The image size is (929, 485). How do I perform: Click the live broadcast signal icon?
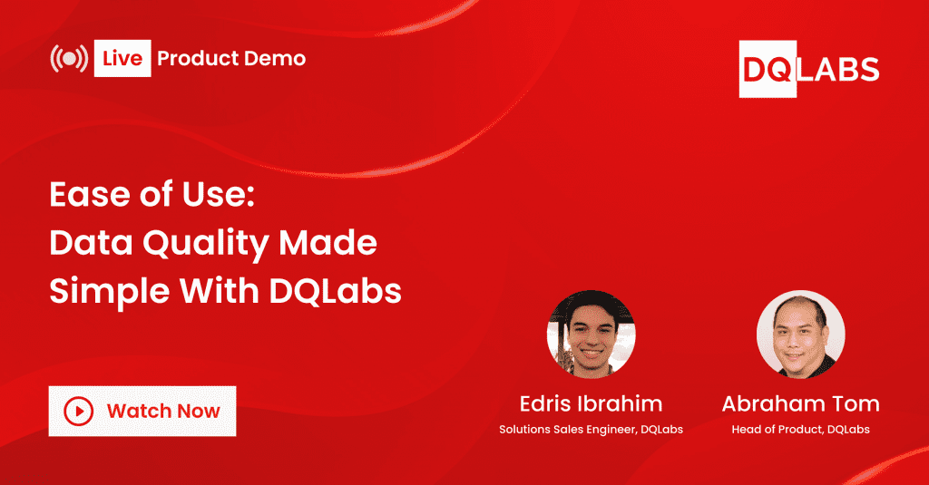pyautogui.click(x=69, y=59)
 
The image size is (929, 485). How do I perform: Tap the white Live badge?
pyautogui.click(x=122, y=59)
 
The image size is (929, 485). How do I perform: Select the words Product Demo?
pyautogui.click(x=231, y=59)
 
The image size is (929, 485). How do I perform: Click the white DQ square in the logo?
pyautogui.click(x=768, y=69)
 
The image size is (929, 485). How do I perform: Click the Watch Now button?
pyautogui.click(x=142, y=411)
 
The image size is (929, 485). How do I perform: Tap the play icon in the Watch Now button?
pyautogui.click(x=79, y=411)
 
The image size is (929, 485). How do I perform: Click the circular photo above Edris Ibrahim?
pyautogui.click(x=591, y=334)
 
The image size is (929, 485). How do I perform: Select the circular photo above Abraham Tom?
pyautogui.click(x=800, y=334)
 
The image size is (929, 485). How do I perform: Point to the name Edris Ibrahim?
pyautogui.click(x=591, y=403)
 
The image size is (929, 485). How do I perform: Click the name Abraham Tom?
pyautogui.click(x=800, y=403)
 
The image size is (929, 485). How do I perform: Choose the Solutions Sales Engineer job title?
pyautogui.click(x=591, y=429)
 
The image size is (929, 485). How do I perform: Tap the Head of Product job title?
pyautogui.click(x=800, y=429)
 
